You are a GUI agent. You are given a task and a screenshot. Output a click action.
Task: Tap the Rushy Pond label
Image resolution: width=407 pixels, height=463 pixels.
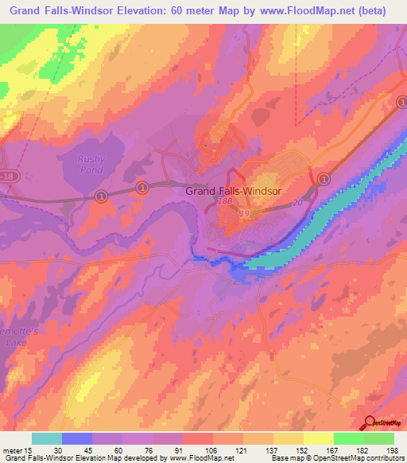(x=91, y=164)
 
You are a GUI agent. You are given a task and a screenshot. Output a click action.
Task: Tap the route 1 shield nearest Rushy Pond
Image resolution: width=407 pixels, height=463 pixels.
(x=101, y=195)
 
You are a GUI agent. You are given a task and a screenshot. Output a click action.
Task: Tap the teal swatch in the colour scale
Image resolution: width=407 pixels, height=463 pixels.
(x=47, y=438)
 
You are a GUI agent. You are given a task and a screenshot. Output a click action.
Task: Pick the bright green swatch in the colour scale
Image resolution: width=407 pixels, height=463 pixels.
(x=349, y=438)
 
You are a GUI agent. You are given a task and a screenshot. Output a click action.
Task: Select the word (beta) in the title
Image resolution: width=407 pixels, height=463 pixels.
(x=378, y=11)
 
